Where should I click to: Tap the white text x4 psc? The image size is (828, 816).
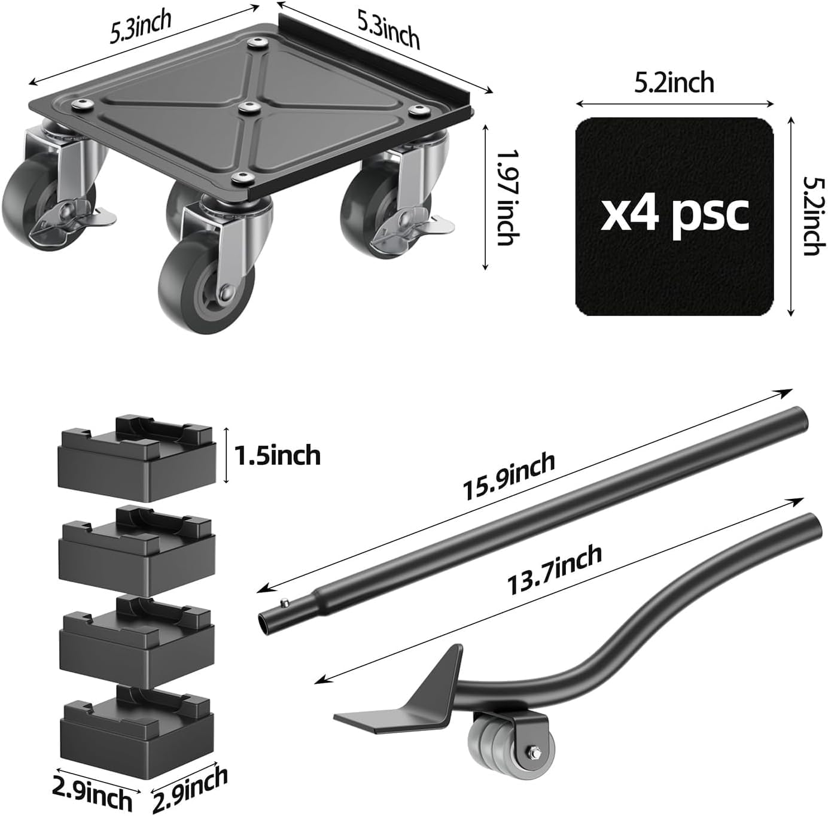pyautogui.click(x=674, y=213)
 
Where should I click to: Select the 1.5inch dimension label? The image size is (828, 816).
pyautogui.click(x=277, y=455)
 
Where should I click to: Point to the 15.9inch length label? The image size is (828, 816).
pyautogui.click(x=509, y=477)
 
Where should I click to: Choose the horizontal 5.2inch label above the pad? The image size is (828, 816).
pyautogui.click(x=674, y=82)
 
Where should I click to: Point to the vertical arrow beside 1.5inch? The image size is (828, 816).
pyautogui.click(x=226, y=455)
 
